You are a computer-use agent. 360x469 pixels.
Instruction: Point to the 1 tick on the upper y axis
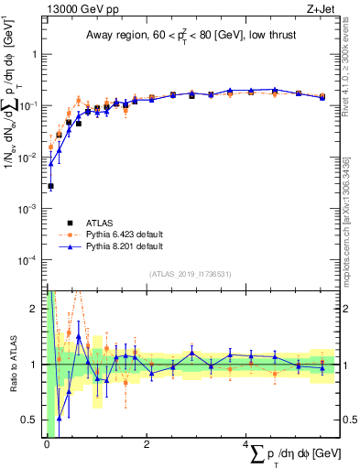(38, 54)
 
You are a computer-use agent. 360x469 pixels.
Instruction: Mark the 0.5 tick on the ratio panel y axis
(34, 420)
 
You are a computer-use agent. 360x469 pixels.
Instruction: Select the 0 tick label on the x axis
(47, 446)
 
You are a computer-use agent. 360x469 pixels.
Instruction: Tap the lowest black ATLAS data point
(50, 186)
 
